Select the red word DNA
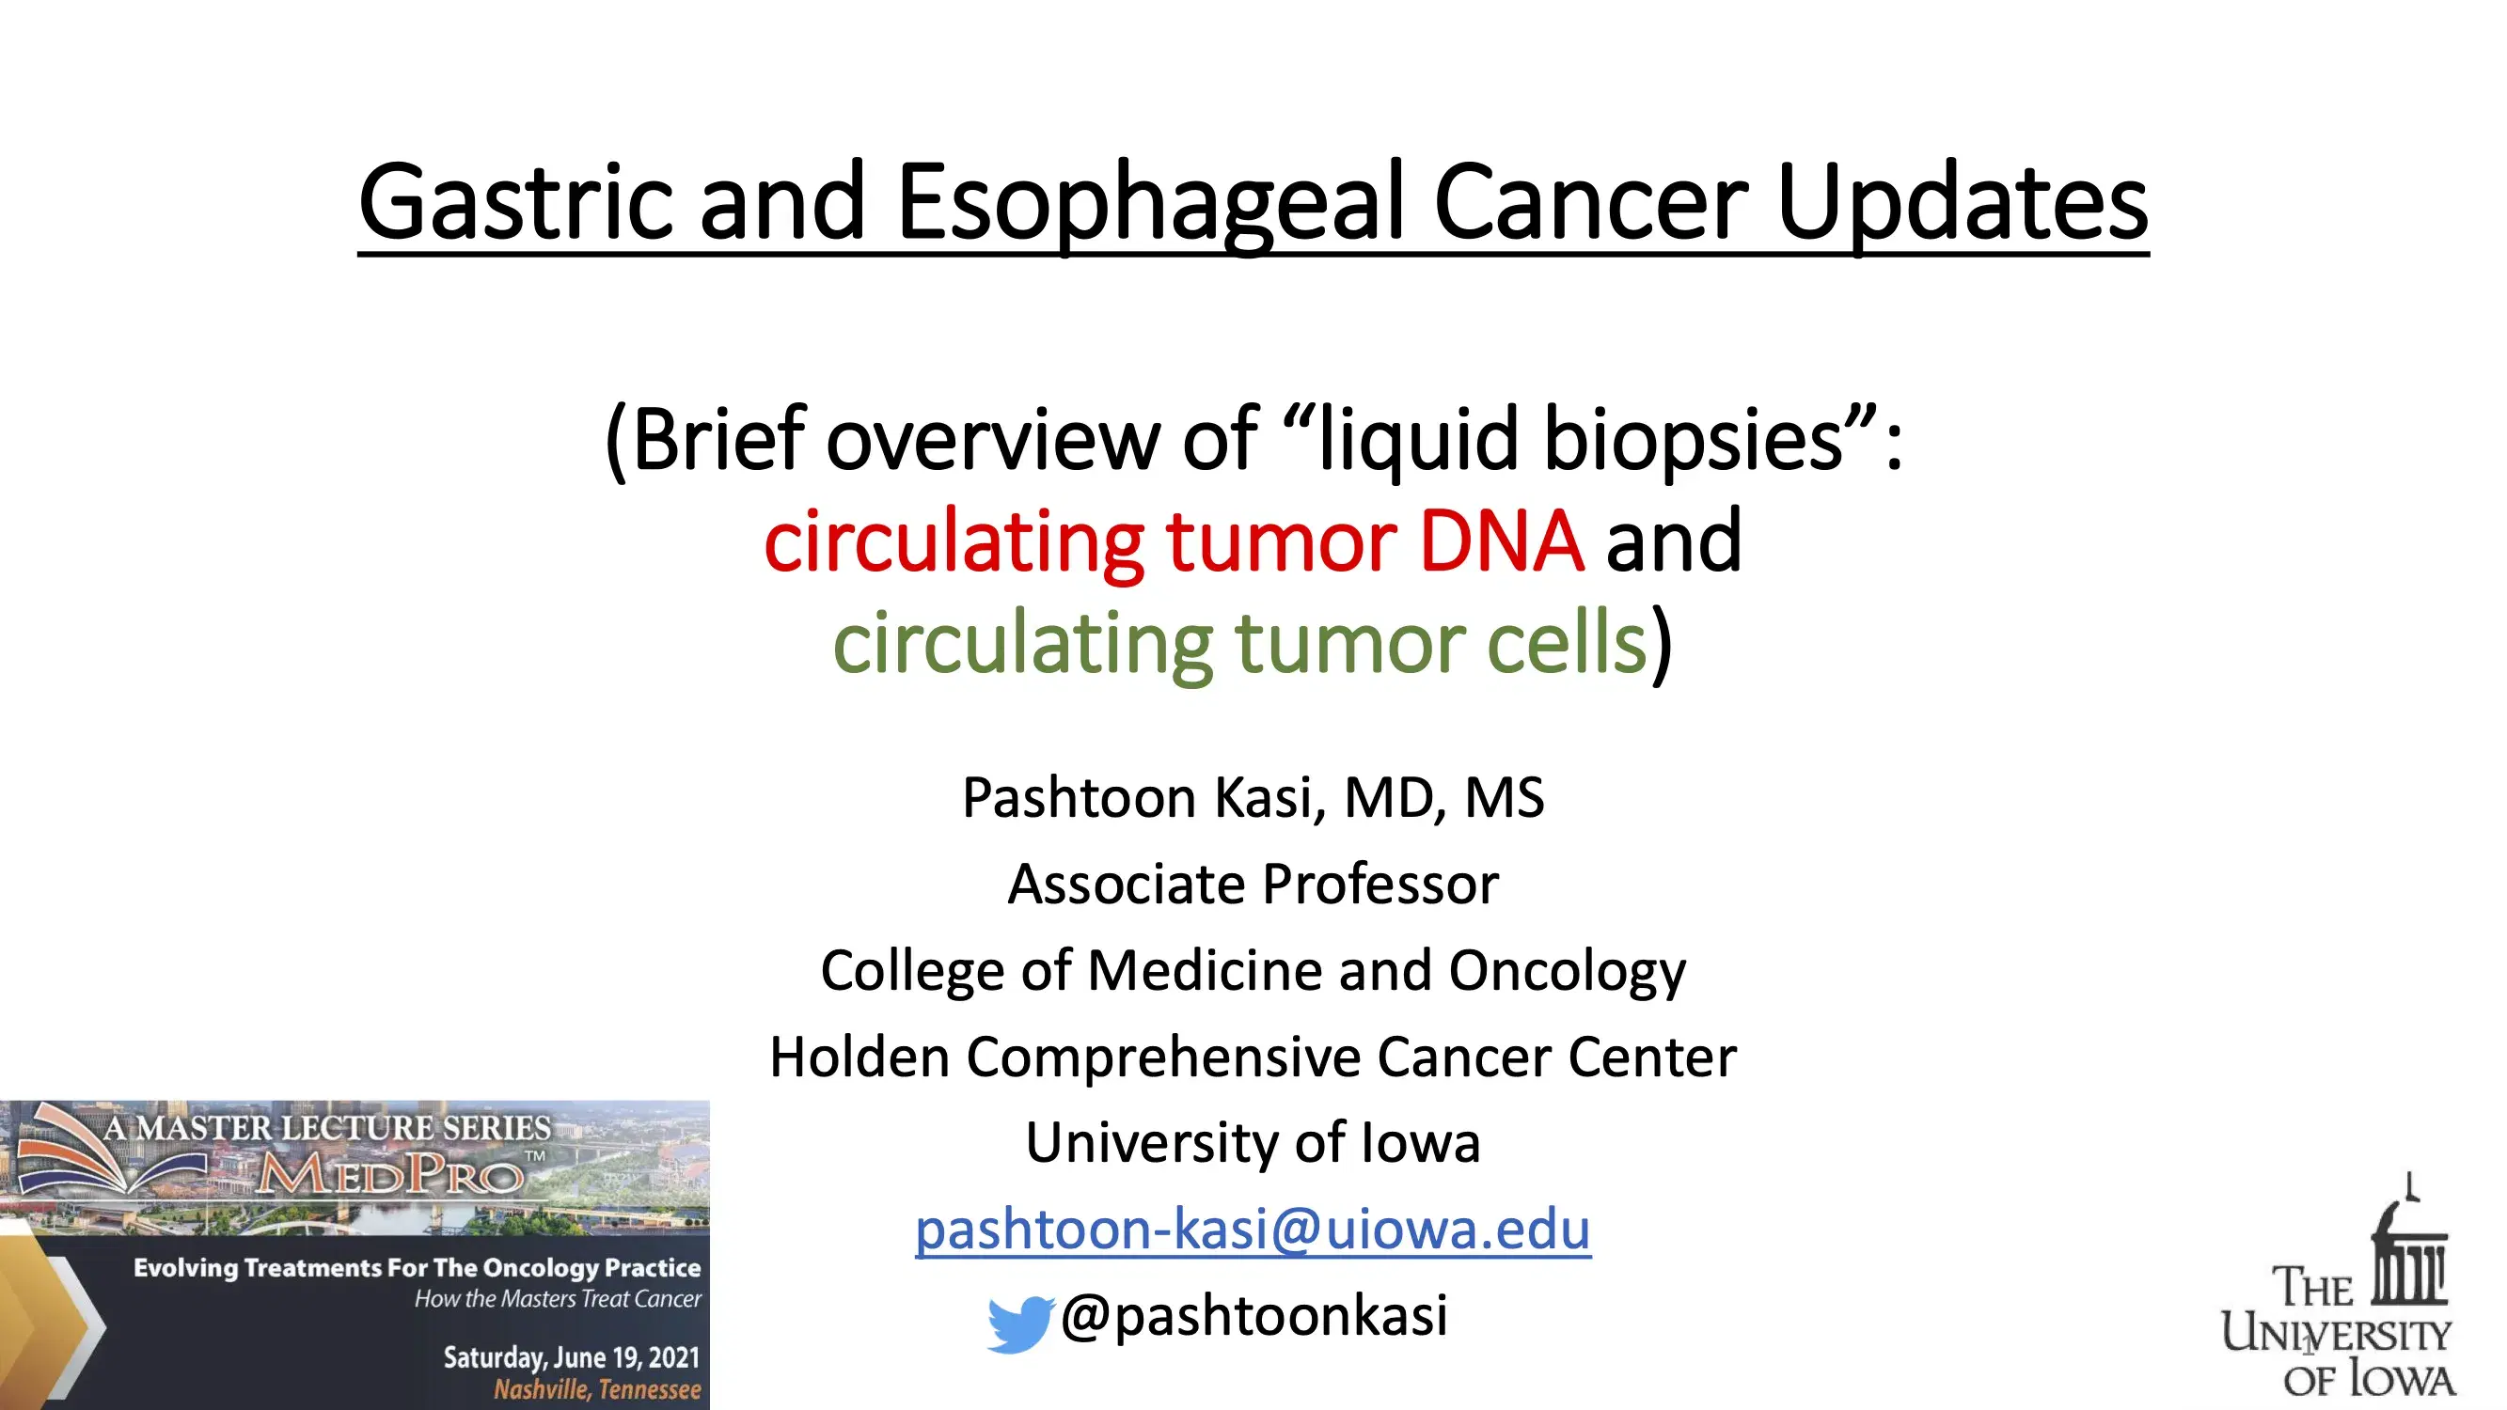pos(1501,541)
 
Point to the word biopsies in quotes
pos(1694,440)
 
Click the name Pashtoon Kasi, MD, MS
pos(1253,798)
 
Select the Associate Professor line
pos(1253,885)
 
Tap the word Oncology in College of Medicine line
pos(1566,971)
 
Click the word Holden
pos(859,1057)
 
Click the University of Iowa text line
pos(1253,1142)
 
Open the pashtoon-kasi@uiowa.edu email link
pos(1253,1229)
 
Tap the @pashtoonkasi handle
pos(1253,1316)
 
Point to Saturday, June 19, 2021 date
pos(572,1356)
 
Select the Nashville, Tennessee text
pos(596,1389)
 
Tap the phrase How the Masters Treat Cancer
pos(558,1299)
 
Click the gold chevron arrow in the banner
pos(58,1324)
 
